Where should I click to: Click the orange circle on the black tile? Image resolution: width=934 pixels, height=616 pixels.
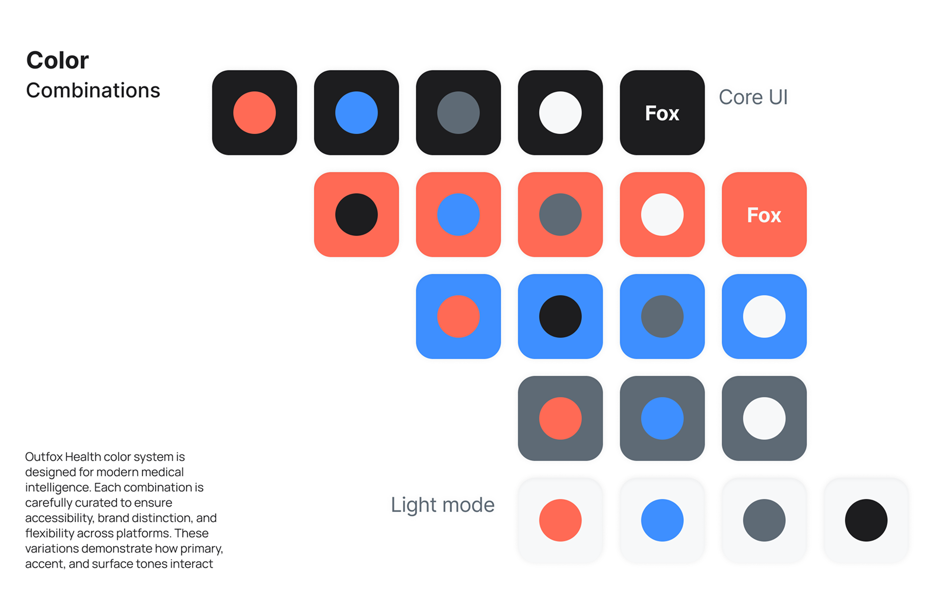(x=254, y=113)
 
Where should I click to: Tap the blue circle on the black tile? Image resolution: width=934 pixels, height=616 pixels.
(x=356, y=113)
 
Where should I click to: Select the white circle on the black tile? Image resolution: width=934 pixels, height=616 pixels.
(x=560, y=113)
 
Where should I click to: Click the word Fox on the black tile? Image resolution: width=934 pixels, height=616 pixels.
(x=662, y=114)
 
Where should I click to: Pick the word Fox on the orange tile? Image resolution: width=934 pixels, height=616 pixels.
(x=764, y=215)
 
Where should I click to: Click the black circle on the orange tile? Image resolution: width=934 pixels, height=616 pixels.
(x=356, y=215)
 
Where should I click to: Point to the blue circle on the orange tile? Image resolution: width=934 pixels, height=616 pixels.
(x=458, y=215)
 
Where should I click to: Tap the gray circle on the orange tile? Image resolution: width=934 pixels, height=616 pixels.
(x=560, y=215)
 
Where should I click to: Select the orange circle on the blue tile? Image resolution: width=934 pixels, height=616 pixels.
(x=458, y=316)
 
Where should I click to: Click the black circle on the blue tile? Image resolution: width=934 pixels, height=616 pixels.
(x=560, y=316)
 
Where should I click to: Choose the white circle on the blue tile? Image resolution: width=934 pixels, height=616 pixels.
(x=764, y=316)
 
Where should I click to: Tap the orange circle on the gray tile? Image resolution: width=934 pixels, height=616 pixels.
(x=560, y=418)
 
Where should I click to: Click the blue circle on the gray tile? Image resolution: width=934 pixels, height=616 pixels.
(x=662, y=418)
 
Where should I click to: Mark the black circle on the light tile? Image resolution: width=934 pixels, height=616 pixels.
(x=866, y=520)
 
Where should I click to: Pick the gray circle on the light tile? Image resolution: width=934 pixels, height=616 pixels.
(x=764, y=520)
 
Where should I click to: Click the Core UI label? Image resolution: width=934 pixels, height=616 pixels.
(x=753, y=97)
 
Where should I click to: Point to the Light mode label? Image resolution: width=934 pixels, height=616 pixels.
(x=442, y=505)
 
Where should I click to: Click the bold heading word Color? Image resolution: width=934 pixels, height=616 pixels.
(x=57, y=61)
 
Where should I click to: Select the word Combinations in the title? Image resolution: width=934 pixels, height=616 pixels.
(x=93, y=90)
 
